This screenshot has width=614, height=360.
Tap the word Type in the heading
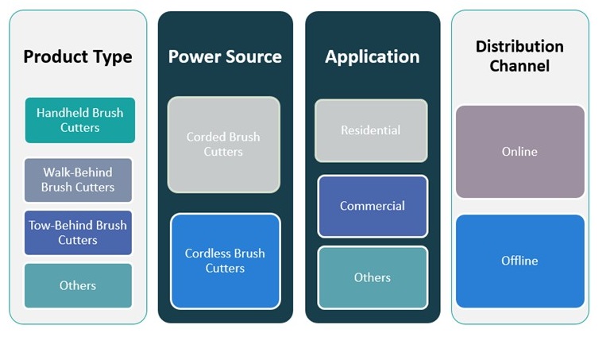113,57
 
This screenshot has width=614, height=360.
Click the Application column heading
372,57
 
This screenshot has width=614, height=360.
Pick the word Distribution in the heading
519,46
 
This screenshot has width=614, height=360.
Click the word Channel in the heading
519,66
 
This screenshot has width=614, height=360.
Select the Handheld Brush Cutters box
79,120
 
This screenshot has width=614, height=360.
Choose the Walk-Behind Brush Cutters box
78,180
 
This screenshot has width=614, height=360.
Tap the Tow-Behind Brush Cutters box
78,232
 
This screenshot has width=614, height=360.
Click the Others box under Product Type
78,285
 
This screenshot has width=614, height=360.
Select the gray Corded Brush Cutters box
223,144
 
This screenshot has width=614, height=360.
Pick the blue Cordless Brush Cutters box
225,261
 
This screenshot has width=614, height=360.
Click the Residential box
370,130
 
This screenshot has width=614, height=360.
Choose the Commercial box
372,206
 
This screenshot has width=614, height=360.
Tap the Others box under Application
372,277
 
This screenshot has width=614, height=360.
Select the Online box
519,151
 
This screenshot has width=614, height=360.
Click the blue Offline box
519,261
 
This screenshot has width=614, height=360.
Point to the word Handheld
62,113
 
